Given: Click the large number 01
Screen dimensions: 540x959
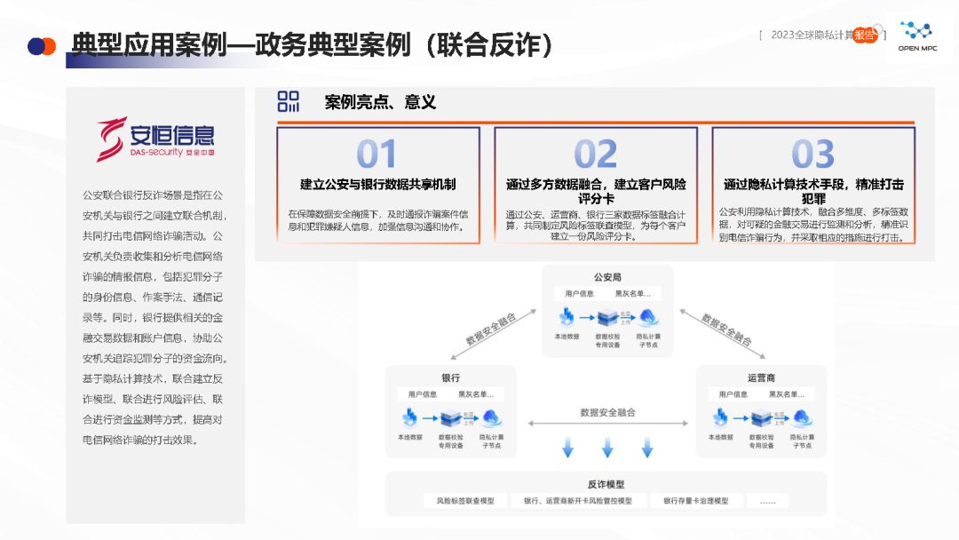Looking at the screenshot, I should pos(376,155).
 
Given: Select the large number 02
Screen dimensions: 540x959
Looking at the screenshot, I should pos(595,155).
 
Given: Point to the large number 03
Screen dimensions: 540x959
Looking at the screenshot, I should pos(812,155).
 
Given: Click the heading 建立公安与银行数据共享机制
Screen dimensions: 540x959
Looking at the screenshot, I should pos(377,185).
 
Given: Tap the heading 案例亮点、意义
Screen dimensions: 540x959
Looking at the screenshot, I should pos(380,102).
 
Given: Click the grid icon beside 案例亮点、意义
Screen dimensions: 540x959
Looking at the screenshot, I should pos(289,101).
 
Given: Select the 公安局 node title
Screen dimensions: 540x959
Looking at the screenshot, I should pos(608,277).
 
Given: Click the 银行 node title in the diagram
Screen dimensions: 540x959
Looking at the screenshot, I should pos(451,377).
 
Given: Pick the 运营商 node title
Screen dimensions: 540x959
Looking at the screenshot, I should pos(762,377).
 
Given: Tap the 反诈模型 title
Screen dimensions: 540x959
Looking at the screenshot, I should pos(606,484).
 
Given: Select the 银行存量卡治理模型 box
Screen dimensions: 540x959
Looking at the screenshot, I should pos(695,501).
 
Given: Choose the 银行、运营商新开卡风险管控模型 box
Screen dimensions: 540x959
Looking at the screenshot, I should pos(578,501).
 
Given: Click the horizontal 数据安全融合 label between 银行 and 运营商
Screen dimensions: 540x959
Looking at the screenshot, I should pos(607,412).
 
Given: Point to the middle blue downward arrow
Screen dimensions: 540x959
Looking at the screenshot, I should pos(607,448).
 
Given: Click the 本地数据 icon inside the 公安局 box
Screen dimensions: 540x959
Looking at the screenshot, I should pos(567,317).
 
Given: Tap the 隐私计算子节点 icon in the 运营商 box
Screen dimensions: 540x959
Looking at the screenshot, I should pos(804,417).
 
